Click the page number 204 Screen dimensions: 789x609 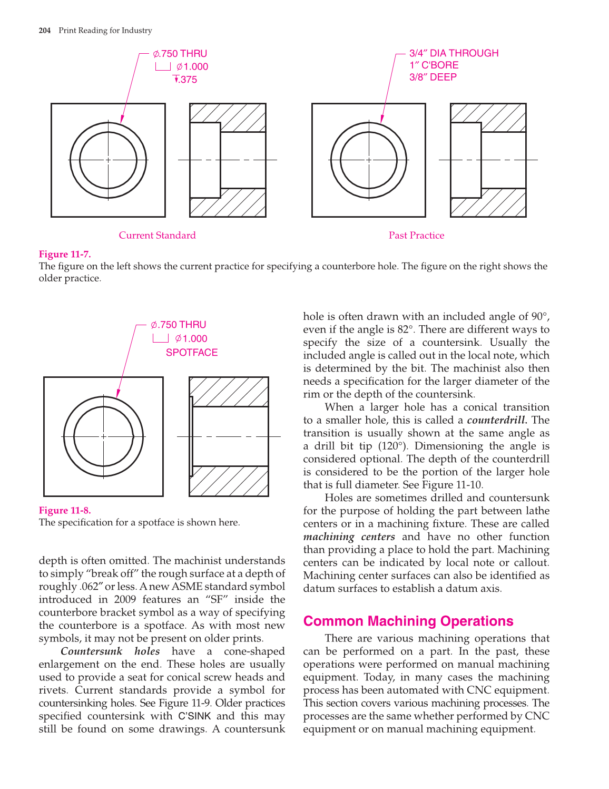[x=45, y=31]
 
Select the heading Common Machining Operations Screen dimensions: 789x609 [x=408, y=621]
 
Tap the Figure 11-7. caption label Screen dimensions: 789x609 [x=65, y=254]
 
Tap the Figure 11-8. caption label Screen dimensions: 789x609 [x=65, y=510]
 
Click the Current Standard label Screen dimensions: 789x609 [x=157, y=236]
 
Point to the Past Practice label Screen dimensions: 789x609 [x=416, y=236]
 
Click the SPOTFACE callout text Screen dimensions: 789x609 [x=192, y=353]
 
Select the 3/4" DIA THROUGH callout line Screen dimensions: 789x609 [x=454, y=53]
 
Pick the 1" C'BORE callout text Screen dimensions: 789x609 [x=434, y=65]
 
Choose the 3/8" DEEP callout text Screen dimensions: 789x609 [x=433, y=77]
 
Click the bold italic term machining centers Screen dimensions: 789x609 [x=349, y=537]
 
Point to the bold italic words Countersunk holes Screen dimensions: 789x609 [x=110, y=651]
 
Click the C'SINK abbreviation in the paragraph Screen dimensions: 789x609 [x=194, y=716]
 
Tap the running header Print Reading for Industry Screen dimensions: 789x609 [x=105, y=31]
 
